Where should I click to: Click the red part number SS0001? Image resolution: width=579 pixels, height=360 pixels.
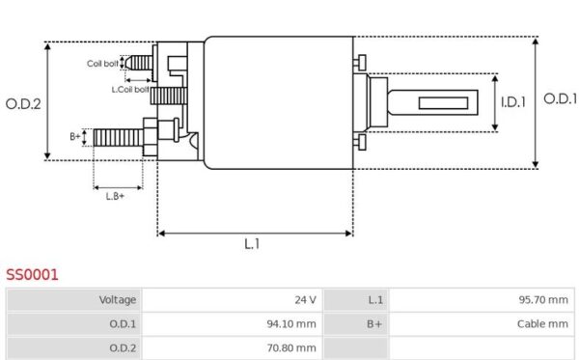point(32,275)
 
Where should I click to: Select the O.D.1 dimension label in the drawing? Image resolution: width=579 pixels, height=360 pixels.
point(560,98)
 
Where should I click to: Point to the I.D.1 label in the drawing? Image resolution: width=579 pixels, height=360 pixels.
point(513,101)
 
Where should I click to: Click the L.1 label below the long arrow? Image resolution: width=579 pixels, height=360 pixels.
point(252,245)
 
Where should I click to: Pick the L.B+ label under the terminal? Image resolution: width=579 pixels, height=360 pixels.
point(116,196)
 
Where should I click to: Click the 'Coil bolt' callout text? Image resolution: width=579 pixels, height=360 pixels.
point(103,64)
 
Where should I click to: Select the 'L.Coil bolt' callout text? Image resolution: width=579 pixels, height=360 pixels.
point(130,89)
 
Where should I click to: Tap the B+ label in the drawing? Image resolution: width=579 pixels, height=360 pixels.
point(75,137)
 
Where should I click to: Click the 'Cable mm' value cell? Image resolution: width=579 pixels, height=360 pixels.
point(542,324)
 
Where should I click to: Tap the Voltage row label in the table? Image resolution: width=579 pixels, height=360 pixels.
point(117,300)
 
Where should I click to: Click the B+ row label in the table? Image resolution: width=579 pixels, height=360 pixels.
point(375,324)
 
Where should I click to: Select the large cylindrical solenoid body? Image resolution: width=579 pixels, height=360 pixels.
point(279,102)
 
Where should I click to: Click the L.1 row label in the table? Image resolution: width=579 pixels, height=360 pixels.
point(375,300)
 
